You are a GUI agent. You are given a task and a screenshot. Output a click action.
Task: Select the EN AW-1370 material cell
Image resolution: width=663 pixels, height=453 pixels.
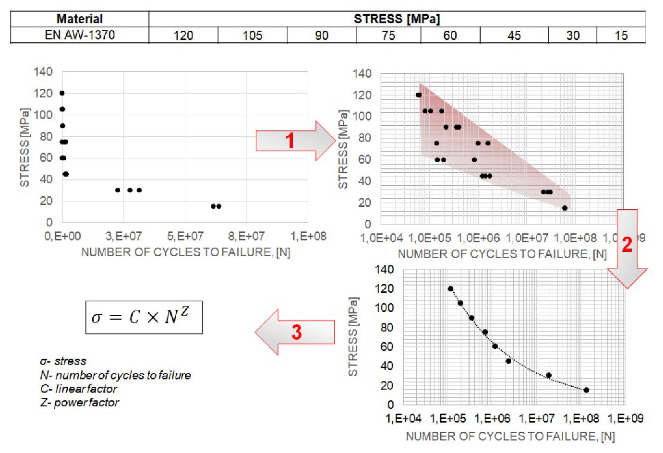point(80,35)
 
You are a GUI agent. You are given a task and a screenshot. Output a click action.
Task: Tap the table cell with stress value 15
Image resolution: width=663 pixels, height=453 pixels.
point(621,35)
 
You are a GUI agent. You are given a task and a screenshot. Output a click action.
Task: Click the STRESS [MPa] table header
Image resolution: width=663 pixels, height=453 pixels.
point(397,19)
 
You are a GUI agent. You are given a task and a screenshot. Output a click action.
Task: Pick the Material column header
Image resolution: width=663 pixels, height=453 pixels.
point(80,19)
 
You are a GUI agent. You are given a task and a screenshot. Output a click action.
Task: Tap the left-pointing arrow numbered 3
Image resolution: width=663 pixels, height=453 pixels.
point(295,332)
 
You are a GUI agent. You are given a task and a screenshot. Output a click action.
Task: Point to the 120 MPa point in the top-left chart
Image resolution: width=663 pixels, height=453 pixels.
point(62,93)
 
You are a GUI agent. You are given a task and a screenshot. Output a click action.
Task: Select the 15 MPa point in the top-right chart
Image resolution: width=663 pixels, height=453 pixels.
point(565,208)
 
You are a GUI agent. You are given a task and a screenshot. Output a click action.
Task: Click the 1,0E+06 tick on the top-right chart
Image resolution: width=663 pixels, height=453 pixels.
point(479,238)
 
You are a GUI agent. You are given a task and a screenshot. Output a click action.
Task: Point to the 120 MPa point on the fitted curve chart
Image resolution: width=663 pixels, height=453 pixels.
point(450,289)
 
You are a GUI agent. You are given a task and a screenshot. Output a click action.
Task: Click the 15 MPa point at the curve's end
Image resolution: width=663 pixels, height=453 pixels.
point(586,390)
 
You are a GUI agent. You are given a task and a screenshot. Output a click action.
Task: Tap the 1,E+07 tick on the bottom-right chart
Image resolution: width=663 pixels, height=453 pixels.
point(537,419)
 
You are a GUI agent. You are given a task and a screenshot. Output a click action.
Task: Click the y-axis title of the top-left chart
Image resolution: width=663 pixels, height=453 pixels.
point(24,147)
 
